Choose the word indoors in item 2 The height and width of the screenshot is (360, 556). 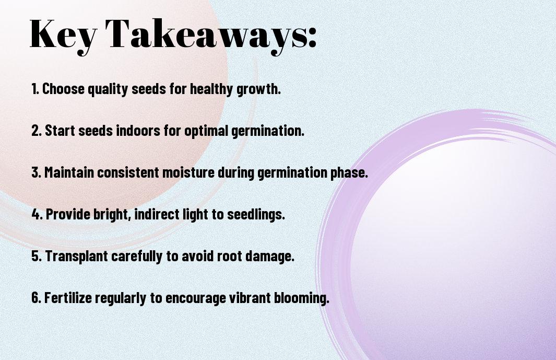(138, 131)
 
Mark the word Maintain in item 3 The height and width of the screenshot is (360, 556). (69, 172)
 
